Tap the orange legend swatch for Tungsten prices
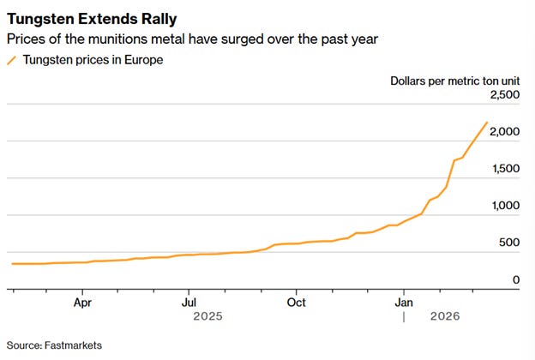click(x=11, y=60)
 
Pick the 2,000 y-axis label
click(x=504, y=132)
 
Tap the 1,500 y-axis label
click(x=504, y=169)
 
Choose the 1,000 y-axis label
click(x=504, y=206)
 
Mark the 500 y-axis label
click(x=509, y=243)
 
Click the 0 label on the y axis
click(x=516, y=279)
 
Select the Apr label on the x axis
click(x=82, y=303)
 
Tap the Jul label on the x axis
click(x=189, y=303)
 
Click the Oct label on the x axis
click(x=297, y=303)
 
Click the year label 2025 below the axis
click(x=208, y=316)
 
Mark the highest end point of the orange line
click(x=487, y=123)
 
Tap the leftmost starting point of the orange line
click(x=13, y=263)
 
